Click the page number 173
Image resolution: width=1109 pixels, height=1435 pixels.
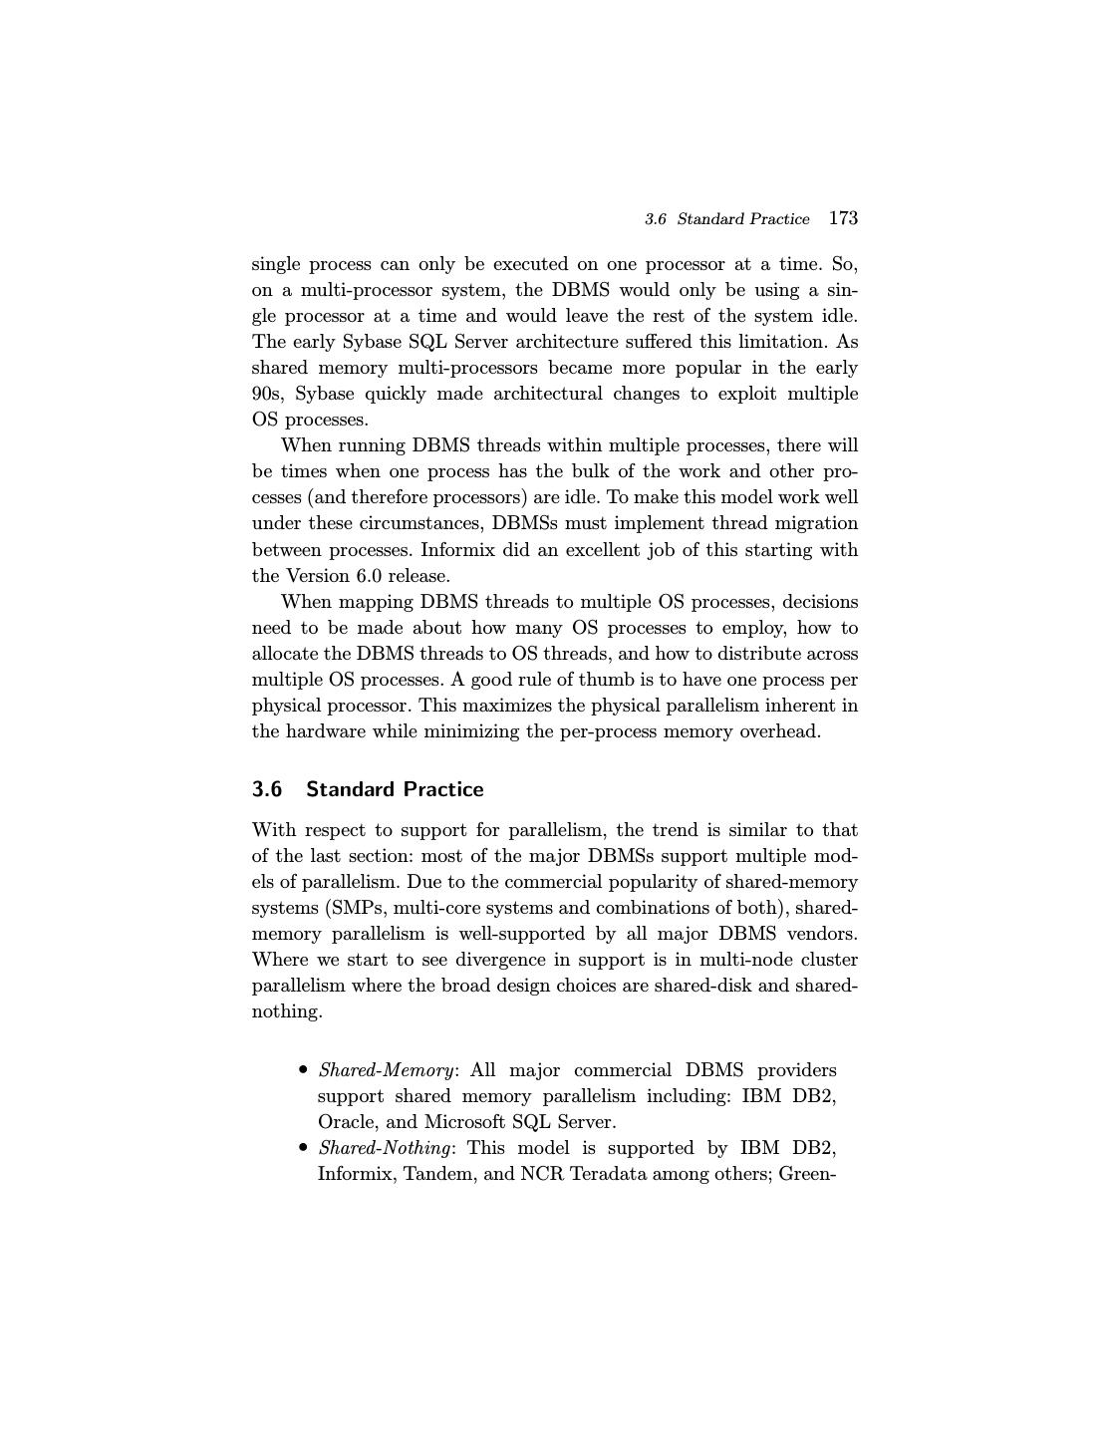(x=843, y=218)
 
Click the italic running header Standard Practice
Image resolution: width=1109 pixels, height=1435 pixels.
(x=743, y=219)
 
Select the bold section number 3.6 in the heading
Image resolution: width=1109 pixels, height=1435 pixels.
(x=267, y=789)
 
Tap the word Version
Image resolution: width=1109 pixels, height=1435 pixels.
(x=318, y=576)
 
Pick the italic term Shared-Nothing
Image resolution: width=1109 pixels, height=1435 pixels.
(x=385, y=1148)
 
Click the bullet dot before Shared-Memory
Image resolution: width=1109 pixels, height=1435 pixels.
(x=303, y=1070)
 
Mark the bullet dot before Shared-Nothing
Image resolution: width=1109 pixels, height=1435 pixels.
(x=303, y=1148)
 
